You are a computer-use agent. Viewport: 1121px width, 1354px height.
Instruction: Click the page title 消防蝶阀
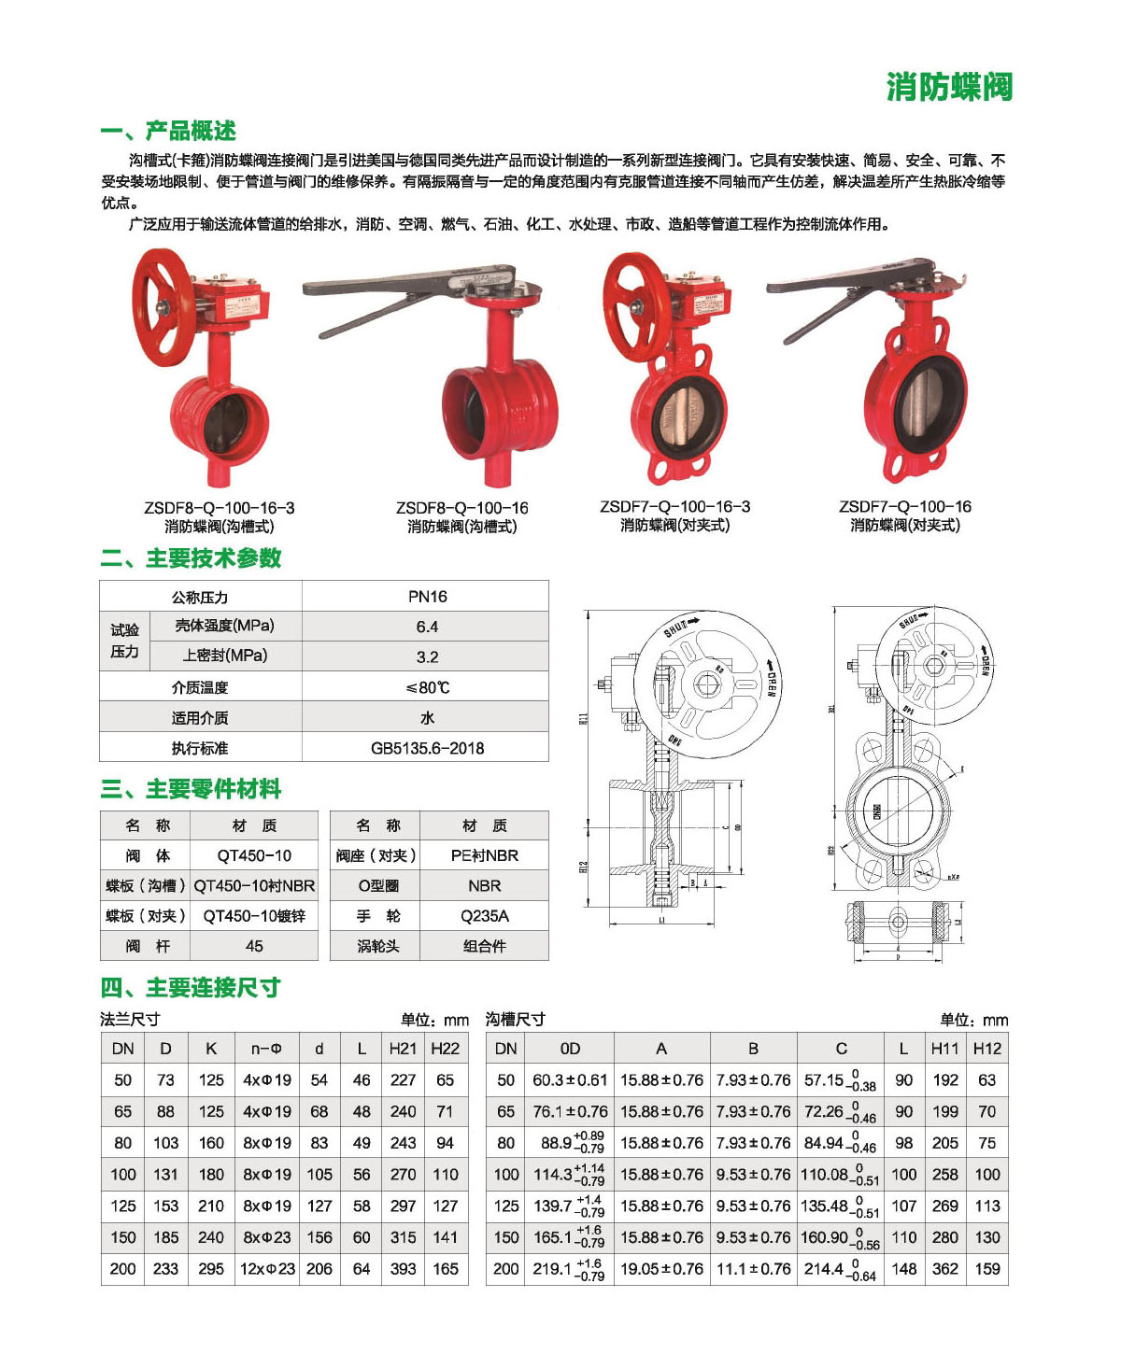(x=949, y=87)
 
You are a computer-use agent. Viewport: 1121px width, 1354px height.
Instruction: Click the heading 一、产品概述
(x=168, y=131)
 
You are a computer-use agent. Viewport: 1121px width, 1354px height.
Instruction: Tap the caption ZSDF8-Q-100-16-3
(x=220, y=508)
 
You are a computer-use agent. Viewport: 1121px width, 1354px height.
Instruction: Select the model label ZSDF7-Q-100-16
(x=904, y=506)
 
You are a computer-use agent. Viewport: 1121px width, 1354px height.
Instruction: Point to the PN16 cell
(x=427, y=597)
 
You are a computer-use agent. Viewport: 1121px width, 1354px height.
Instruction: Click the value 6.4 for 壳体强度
(x=427, y=627)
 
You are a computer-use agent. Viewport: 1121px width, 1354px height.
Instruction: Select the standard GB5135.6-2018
(x=427, y=748)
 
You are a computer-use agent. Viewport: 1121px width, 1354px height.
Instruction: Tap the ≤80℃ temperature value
(x=427, y=687)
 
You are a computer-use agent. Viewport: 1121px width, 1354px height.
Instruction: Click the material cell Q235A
(x=484, y=916)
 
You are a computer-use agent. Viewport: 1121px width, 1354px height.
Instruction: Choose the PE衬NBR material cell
(x=484, y=855)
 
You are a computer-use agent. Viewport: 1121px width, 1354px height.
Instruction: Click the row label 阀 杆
(x=148, y=946)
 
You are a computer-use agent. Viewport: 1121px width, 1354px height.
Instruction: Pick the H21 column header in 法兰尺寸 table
(x=403, y=1049)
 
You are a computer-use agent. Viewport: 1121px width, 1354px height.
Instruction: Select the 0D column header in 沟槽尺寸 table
(x=570, y=1049)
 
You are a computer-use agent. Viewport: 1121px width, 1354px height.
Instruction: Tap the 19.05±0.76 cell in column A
(x=661, y=1269)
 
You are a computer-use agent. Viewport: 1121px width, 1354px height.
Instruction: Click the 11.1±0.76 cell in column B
(x=753, y=1269)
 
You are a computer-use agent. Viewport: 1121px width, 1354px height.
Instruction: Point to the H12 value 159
(x=986, y=1269)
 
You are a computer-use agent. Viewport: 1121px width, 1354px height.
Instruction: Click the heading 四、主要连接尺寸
(x=191, y=987)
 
